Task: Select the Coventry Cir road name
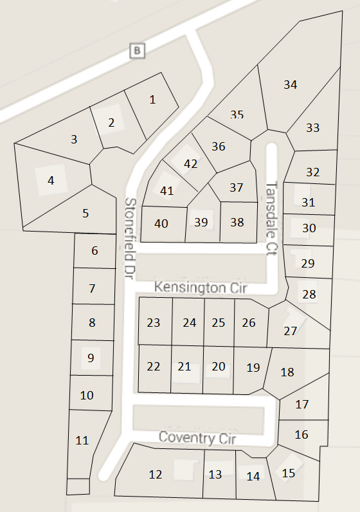(197, 438)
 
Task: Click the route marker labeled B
(136, 50)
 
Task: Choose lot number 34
(290, 84)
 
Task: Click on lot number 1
(152, 99)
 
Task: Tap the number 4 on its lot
(51, 181)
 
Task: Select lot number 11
(82, 441)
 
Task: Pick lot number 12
(156, 475)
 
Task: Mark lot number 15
(289, 473)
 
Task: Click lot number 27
(291, 331)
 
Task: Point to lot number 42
(190, 163)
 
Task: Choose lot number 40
(161, 223)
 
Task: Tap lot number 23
(154, 322)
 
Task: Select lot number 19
(253, 367)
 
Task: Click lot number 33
(312, 127)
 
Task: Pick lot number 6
(94, 250)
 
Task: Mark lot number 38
(237, 222)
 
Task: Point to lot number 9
(91, 358)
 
